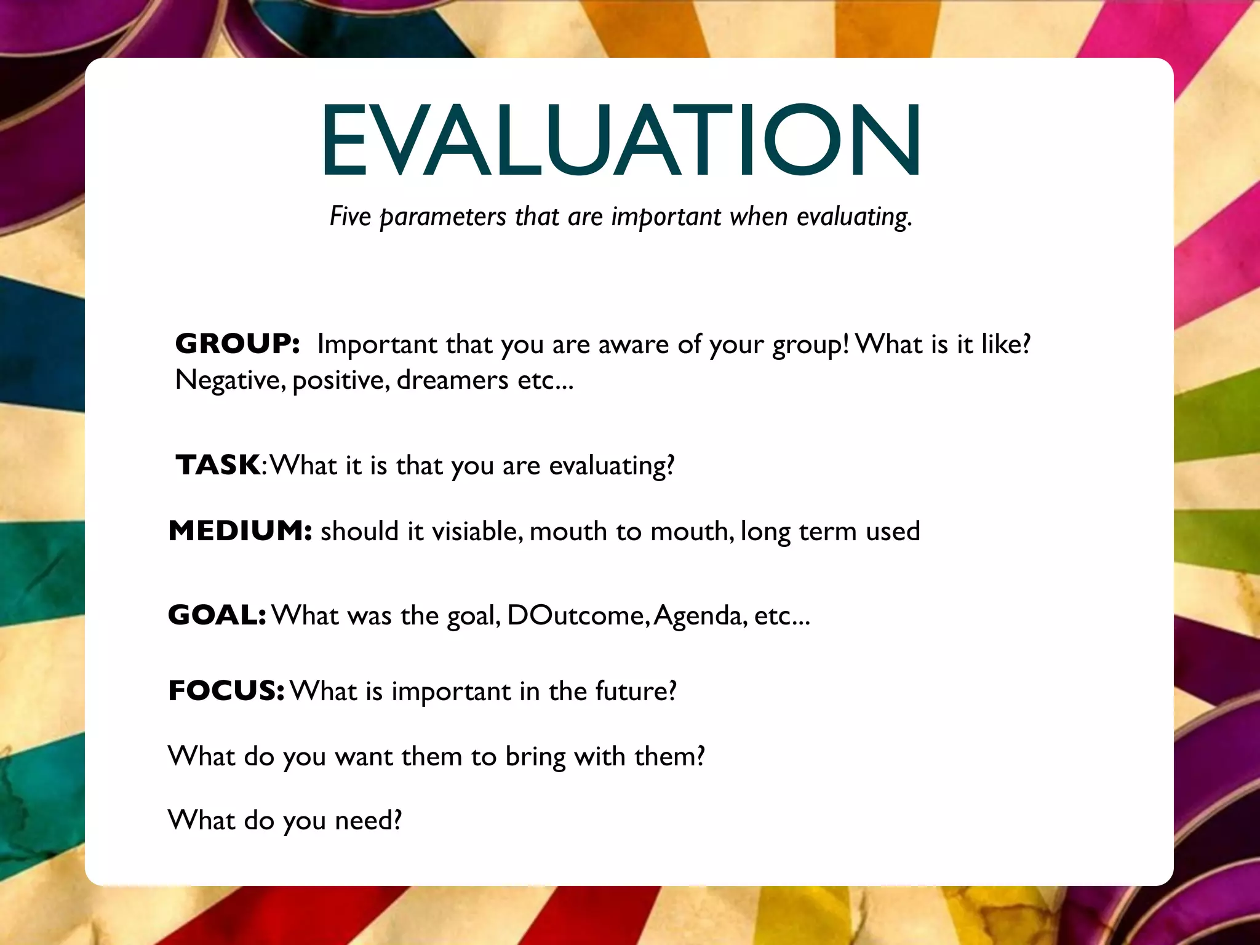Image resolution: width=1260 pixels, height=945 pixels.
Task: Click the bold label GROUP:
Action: (x=237, y=343)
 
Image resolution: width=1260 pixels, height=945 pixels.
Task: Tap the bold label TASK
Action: (x=218, y=465)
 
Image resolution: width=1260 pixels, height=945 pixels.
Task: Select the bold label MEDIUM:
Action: (x=241, y=530)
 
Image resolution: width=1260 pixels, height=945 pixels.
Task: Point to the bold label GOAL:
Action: (x=217, y=615)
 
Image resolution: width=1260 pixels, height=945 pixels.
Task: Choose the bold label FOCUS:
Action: (x=226, y=690)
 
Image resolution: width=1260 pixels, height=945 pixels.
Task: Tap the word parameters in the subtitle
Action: (x=443, y=217)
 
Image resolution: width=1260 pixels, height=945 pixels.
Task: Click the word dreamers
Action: (x=452, y=380)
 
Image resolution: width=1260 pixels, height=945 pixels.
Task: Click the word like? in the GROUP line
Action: (x=1006, y=343)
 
